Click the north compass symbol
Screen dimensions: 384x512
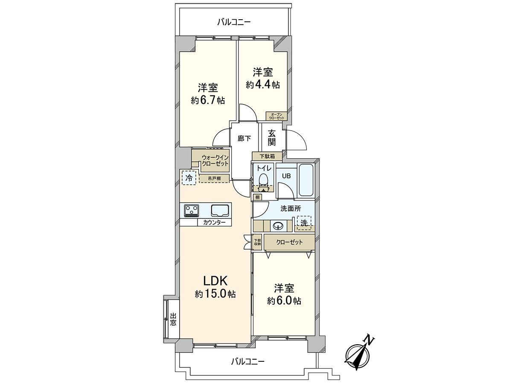coord(359,352)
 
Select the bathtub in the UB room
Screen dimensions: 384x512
coord(306,180)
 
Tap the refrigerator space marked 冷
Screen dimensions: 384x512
coord(188,177)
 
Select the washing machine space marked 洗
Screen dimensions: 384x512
coord(304,223)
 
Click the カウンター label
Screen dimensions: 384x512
coord(214,223)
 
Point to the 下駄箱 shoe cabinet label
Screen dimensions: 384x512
coord(267,156)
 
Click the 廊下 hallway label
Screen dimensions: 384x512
coord(244,138)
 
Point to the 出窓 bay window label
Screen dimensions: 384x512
coord(173,319)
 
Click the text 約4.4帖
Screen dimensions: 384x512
coord(262,84)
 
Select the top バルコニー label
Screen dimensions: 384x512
coord(234,22)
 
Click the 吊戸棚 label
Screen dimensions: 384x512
coord(214,178)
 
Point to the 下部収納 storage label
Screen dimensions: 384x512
coord(257,242)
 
